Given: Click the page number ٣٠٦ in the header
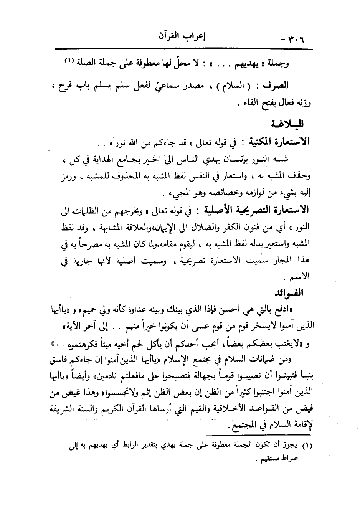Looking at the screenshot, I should [x=297, y=38].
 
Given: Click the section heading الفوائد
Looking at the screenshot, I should [x=292, y=294].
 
